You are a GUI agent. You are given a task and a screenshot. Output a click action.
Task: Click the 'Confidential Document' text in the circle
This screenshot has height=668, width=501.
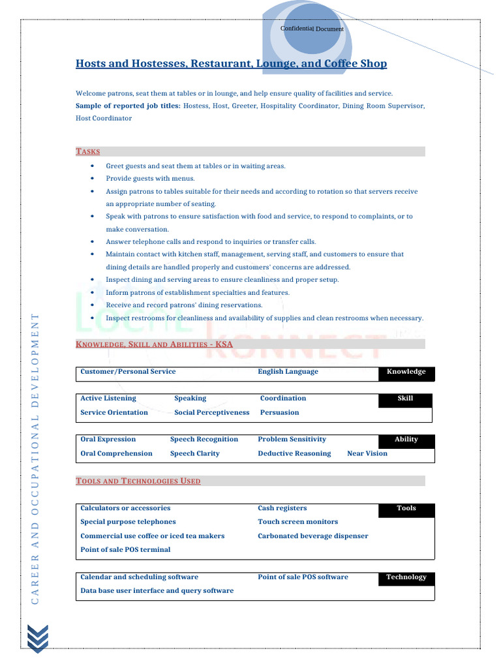coord(312,29)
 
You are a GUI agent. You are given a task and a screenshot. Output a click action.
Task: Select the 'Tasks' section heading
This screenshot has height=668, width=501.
coord(88,151)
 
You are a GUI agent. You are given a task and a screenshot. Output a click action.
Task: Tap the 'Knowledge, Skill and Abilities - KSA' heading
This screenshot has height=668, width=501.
coord(154,344)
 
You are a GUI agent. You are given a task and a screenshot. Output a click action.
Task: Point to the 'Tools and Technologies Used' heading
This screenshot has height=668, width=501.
coord(138,481)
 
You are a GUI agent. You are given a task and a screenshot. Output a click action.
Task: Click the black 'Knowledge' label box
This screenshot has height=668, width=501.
coord(406,372)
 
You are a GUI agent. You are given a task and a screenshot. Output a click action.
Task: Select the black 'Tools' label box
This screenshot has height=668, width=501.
coord(406,509)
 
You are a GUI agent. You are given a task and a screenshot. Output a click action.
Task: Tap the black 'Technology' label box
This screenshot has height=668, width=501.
coord(406,577)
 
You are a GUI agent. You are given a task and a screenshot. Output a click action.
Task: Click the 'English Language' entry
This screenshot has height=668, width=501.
coord(288,372)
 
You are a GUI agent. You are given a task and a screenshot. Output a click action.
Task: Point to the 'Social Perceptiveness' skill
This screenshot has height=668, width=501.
coord(211,412)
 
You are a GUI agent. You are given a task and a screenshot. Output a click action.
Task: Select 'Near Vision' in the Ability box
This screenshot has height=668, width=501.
coord(367,453)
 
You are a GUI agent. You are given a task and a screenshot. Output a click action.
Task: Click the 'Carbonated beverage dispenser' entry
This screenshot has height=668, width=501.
coord(312,536)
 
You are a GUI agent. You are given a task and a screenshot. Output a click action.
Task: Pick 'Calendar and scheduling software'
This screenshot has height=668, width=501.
coord(139,577)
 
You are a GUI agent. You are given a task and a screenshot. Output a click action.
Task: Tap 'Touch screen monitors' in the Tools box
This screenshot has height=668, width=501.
coord(297,522)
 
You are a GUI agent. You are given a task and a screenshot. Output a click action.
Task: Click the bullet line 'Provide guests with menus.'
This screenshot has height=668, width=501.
coord(150,178)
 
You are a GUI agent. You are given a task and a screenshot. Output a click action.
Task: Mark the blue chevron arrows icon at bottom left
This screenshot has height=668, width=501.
coord(37,637)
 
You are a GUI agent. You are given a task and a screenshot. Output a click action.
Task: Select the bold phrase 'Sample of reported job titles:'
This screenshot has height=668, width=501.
coord(128,106)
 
